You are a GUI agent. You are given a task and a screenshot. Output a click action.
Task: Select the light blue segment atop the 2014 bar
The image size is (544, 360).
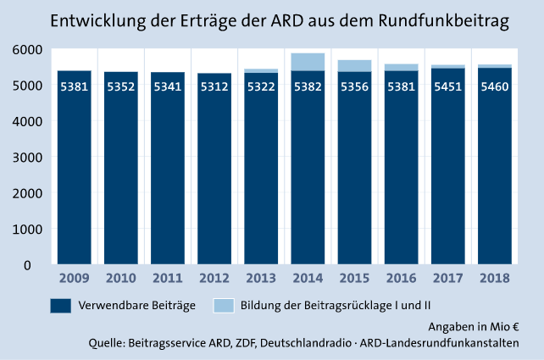[x=308, y=62]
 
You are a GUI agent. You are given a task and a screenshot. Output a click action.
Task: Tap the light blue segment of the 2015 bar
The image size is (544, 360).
[x=354, y=66]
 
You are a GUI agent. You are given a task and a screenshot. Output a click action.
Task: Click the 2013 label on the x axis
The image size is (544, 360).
[x=261, y=277]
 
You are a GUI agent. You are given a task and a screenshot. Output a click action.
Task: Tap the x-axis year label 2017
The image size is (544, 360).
[x=447, y=277]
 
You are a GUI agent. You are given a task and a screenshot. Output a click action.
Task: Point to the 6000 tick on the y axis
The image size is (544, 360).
[x=29, y=50]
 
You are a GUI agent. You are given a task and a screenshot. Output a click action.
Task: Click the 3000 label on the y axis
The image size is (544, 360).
[x=29, y=158]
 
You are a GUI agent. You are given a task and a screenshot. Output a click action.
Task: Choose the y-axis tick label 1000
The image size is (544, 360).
[x=29, y=229]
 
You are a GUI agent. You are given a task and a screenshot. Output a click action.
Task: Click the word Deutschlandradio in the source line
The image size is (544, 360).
[x=313, y=342]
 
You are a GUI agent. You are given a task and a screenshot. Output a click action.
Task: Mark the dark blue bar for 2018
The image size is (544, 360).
[x=494, y=169]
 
